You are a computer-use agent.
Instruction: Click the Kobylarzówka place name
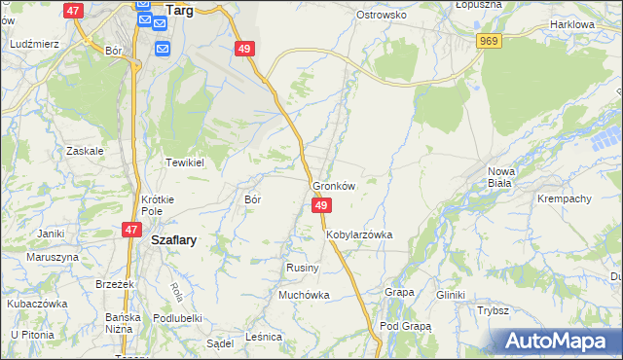click(x=358, y=234)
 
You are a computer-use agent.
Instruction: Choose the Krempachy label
click(x=564, y=198)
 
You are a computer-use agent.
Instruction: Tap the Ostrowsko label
click(x=381, y=16)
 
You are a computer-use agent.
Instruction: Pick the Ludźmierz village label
click(x=34, y=45)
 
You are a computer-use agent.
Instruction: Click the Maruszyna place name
click(x=53, y=257)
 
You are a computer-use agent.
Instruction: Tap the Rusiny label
click(x=298, y=267)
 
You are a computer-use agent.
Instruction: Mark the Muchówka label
click(x=304, y=295)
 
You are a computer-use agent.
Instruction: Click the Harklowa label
click(x=571, y=23)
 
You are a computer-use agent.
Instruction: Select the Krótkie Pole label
click(x=157, y=204)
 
